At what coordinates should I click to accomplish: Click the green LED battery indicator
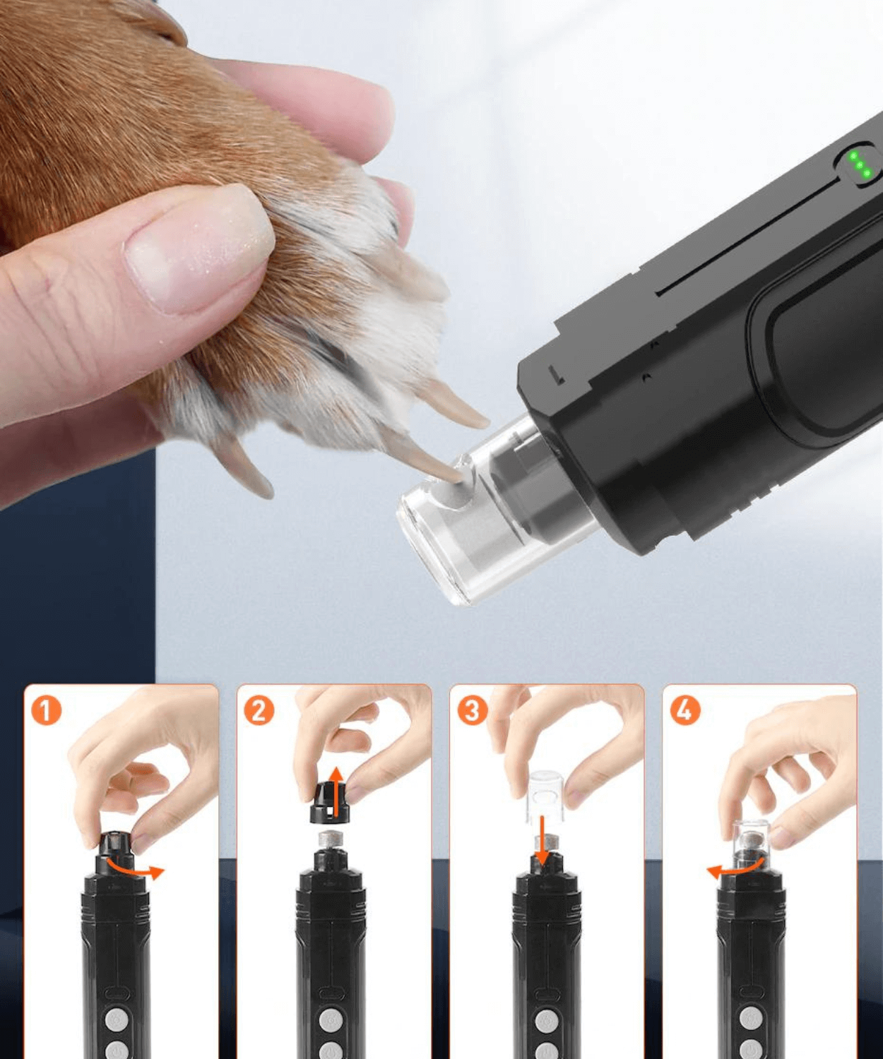860,165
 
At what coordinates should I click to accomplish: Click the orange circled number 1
46,710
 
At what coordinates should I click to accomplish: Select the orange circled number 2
259,710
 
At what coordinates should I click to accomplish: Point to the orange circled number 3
472,710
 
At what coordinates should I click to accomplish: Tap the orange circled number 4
685,710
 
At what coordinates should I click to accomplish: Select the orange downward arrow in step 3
542,840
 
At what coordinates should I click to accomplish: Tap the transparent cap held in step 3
545,796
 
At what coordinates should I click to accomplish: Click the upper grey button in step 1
116,1019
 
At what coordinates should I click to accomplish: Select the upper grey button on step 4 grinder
751,1018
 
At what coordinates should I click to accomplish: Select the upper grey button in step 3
544,1019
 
